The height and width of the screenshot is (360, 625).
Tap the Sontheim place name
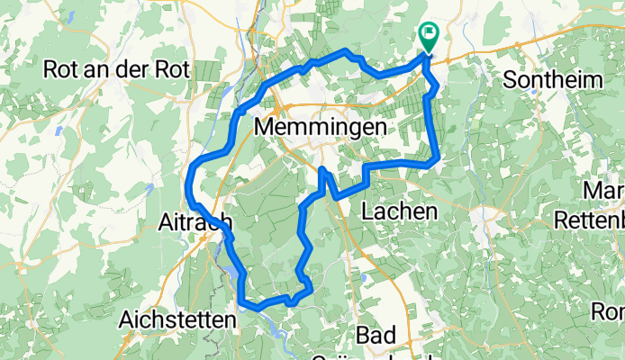click(552, 80)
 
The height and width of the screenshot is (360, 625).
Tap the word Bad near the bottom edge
click(375, 336)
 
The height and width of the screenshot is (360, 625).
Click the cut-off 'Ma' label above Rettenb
click(604, 191)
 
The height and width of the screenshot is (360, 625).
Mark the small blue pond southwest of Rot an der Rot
click(57, 130)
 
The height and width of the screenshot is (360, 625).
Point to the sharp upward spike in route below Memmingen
click(322, 168)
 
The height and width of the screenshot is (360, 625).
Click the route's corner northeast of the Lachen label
click(436, 160)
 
